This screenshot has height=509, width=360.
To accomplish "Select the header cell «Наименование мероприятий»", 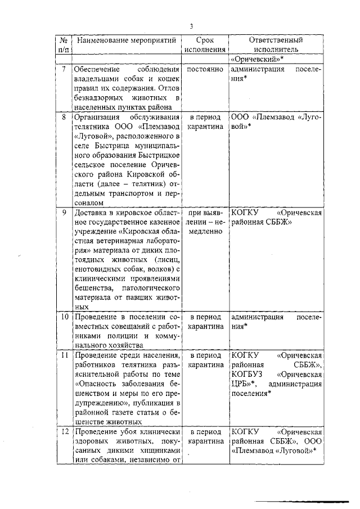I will (x=127, y=40).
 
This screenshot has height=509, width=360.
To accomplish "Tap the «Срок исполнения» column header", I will (x=205, y=45).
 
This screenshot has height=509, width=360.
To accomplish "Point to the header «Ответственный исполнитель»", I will (x=276, y=45).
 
